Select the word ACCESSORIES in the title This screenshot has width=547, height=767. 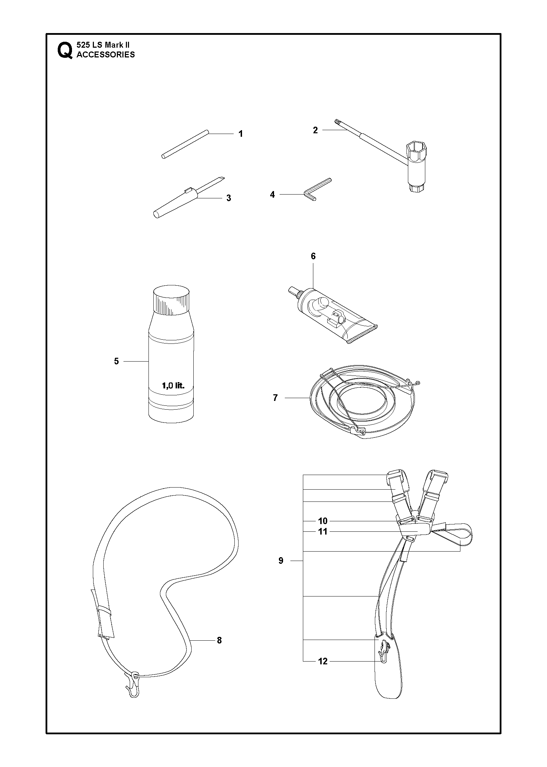(x=106, y=55)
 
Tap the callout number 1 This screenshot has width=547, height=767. (x=241, y=134)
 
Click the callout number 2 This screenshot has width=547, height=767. (x=315, y=130)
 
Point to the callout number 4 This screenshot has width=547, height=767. (x=272, y=195)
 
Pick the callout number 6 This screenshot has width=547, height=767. (x=313, y=256)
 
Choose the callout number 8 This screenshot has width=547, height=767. (x=219, y=640)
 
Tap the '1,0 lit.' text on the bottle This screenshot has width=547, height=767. (x=173, y=386)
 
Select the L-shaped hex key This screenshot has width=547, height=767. (x=317, y=189)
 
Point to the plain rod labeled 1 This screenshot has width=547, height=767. (x=185, y=144)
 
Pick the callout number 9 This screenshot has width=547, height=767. (x=281, y=561)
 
